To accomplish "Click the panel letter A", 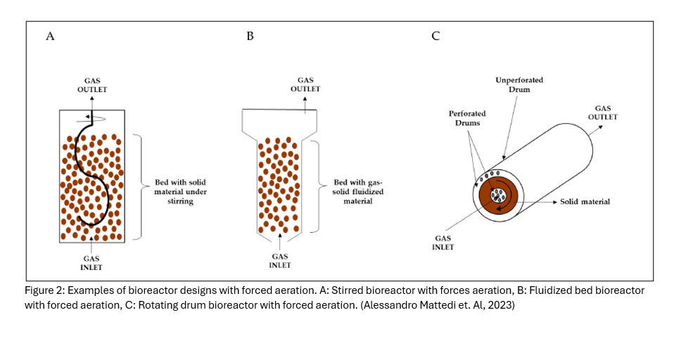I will [50, 37].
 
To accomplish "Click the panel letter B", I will [250, 37].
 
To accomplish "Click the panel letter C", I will [435, 37].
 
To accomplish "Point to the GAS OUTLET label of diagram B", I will [305, 84].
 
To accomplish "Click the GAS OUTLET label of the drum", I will [603, 112].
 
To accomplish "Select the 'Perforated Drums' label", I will [467, 117].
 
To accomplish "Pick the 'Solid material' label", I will [585, 202].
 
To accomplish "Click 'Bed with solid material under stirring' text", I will [180, 191].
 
